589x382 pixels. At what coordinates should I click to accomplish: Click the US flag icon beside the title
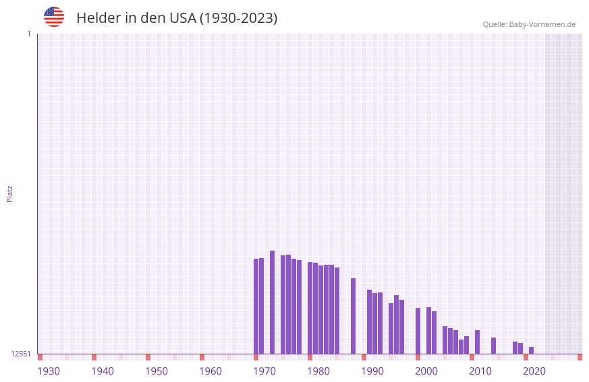(x=54, y=17)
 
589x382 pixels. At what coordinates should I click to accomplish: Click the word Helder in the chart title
(x=98, y=18)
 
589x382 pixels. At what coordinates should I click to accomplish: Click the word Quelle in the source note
(x=495, y=24)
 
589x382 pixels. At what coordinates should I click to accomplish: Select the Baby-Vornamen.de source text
(x=542, y=24)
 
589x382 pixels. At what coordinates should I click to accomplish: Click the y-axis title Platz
(x=9, y=193)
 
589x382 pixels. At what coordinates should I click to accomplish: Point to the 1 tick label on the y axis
(x=28, y=34)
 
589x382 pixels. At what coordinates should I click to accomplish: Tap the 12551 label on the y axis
(x=21, y=354)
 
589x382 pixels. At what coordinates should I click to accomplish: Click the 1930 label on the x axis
(x=49, y=371)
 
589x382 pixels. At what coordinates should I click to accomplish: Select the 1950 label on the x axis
(x=157, y=371)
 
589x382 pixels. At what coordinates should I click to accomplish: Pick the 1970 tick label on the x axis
(x=264, y=371)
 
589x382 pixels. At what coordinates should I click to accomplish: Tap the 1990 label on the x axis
(x=372, y=371)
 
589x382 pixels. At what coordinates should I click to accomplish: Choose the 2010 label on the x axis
(x=480, y=371)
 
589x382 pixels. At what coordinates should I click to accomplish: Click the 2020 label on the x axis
(x=534, y=371)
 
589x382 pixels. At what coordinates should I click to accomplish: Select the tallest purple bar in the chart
(x=272, y=302)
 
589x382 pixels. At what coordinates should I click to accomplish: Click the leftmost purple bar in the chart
(x=256, y=307)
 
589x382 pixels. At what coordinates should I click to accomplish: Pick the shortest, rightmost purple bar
(x=531, y=350)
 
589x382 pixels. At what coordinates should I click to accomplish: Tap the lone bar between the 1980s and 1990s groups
(x=353, y=316)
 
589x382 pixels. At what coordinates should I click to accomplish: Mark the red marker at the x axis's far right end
(x=580, y=357)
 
